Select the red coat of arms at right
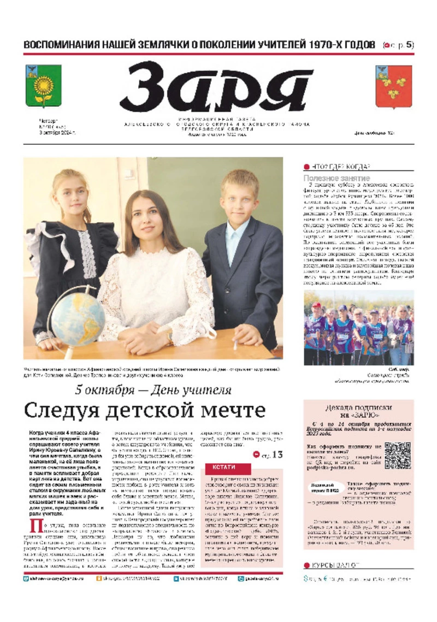[393, 86]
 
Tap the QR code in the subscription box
[397, 455]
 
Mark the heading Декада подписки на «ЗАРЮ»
[358, 411]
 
